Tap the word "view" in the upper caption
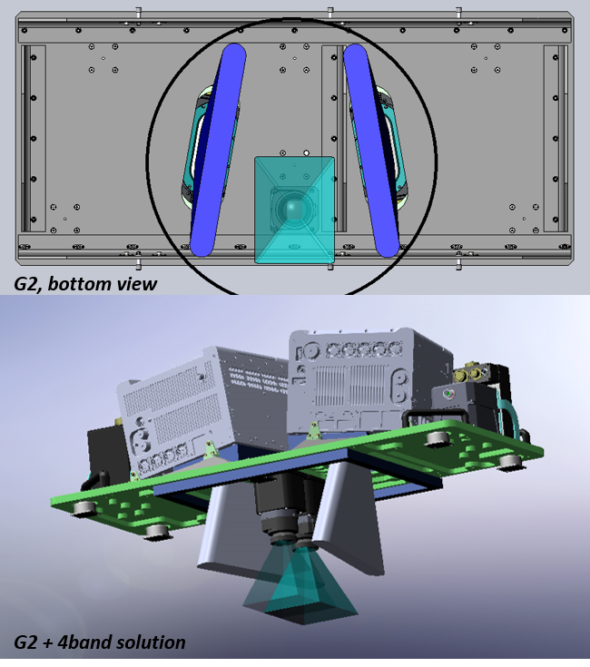[x=137, y=285]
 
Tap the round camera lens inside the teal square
[x=293, y=210]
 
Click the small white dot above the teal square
[x=307, y=152]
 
